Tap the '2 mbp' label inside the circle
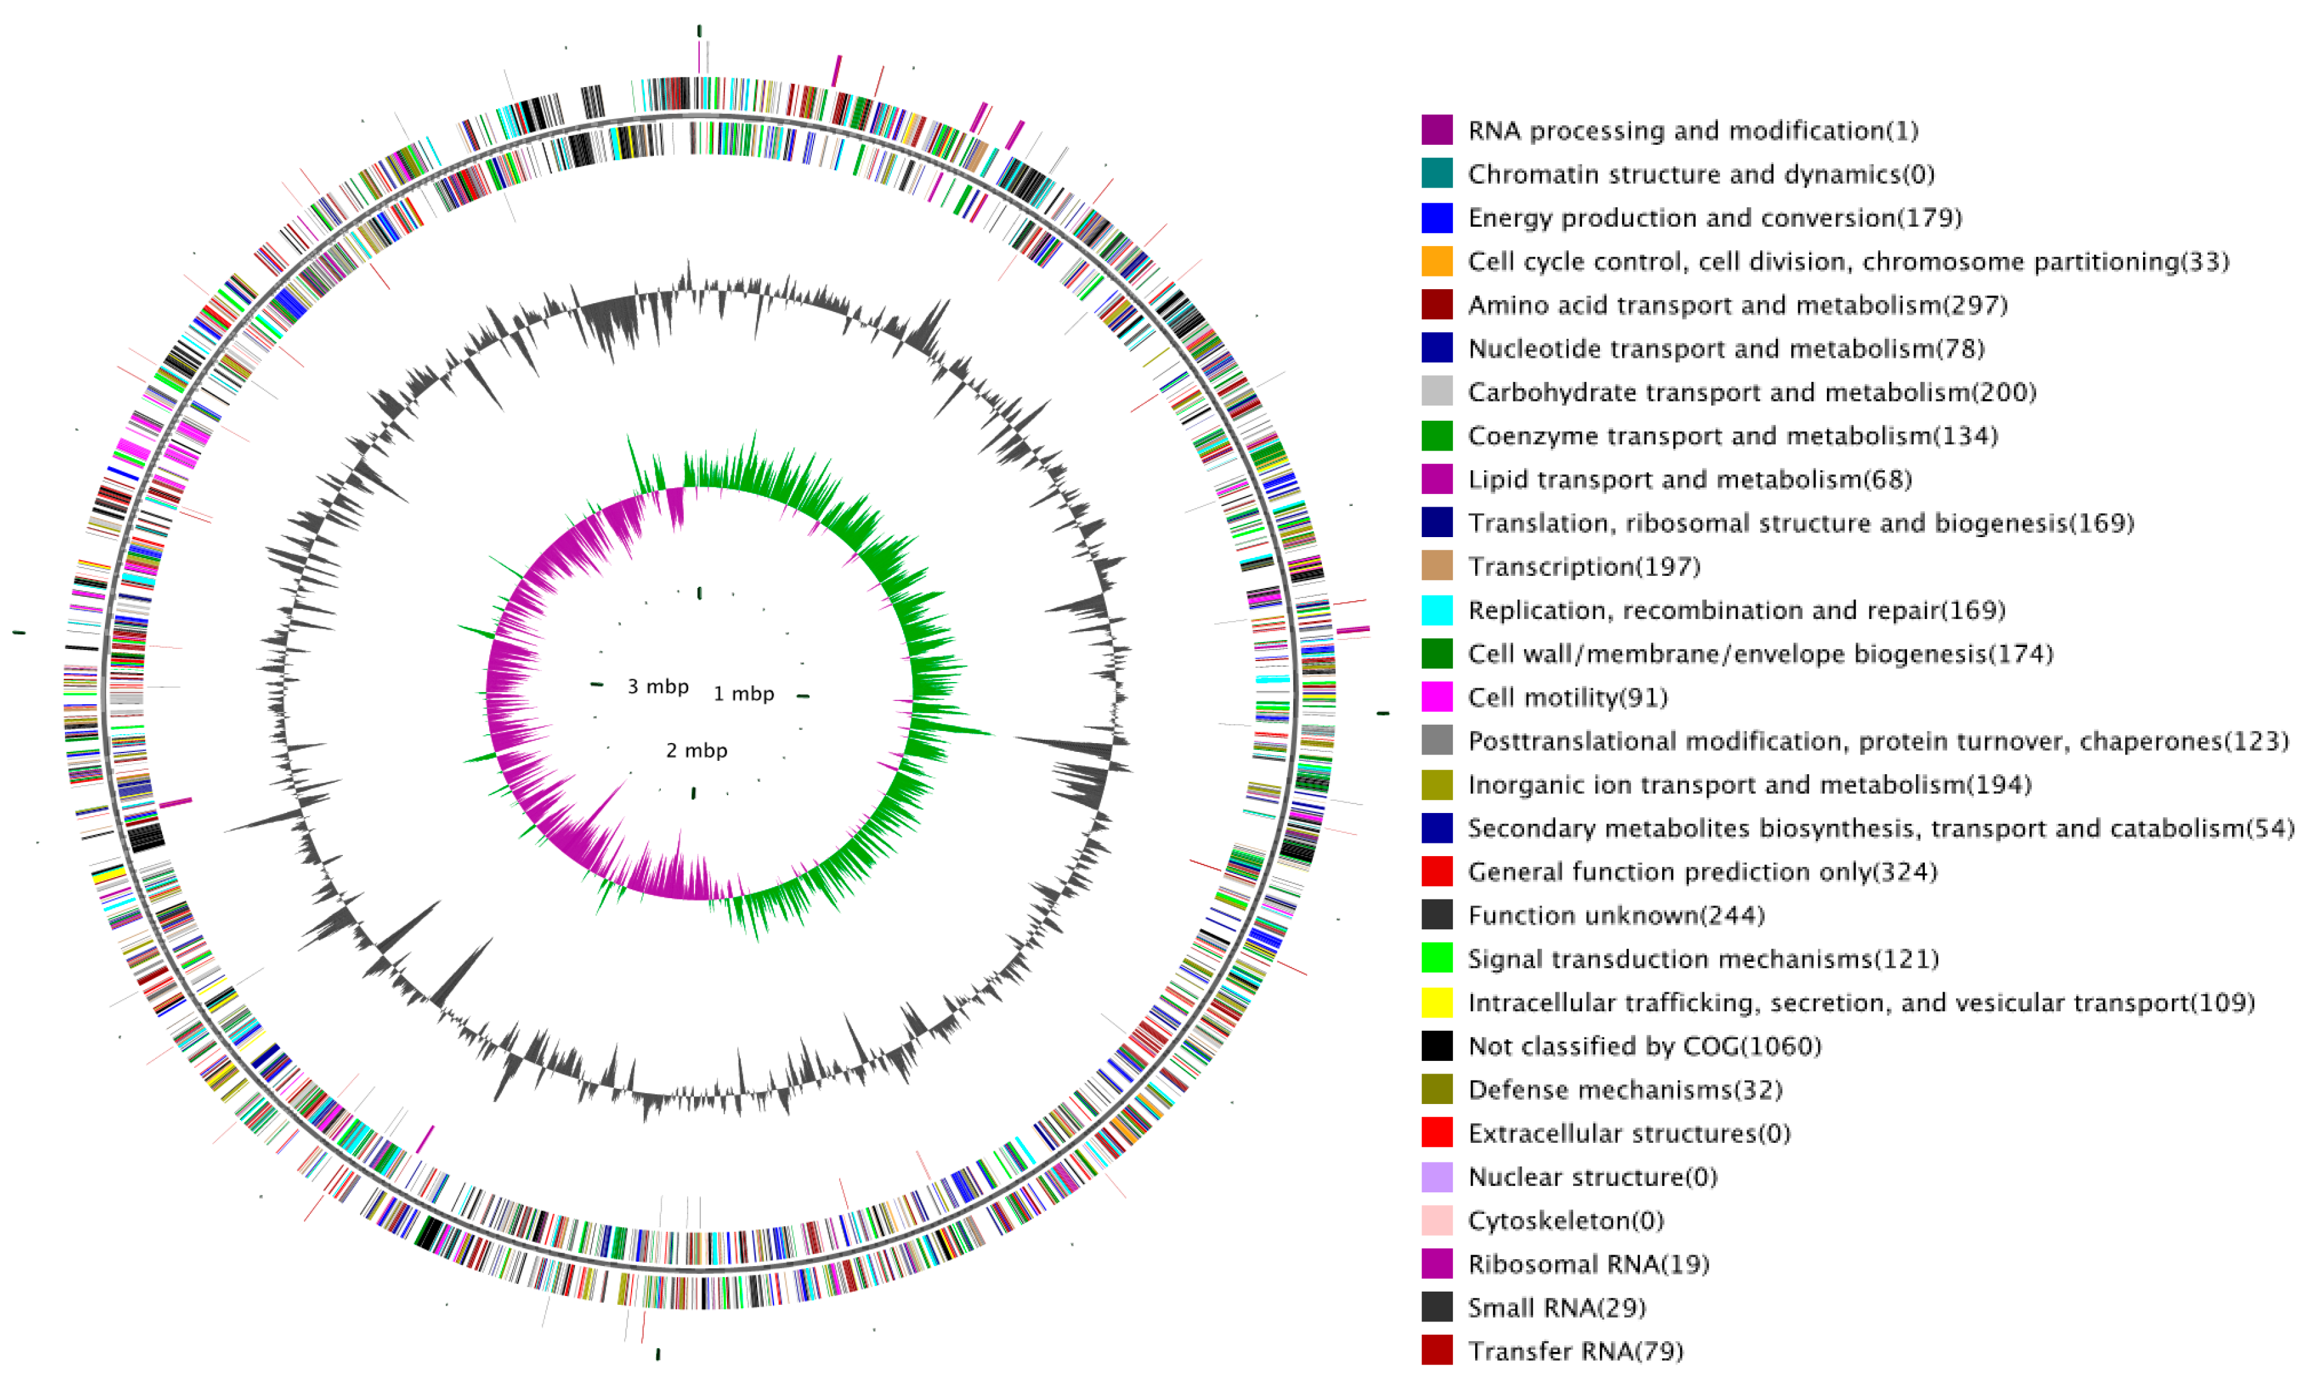click(x=696, y=750)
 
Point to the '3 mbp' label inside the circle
click(x=658, y=686)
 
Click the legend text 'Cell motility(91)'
click(x=1567, y=697)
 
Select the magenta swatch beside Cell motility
click(x=1436, y=697)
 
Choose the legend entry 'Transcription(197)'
click(x=1584, y=566)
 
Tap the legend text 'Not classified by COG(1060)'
click(x=1644, y=1046)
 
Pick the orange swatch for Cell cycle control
click(x=1436, y=261)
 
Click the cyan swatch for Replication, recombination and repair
click(x=1436, y=610)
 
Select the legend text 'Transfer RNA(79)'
click(x=1576, y=1351)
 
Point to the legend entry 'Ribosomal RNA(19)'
click(x=1588, y=1264)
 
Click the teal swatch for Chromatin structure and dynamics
click(x=1436, y=174)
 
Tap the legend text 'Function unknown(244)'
click(x=1616, y=915)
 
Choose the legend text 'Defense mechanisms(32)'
click(x=1625, y=1089)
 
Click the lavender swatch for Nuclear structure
click(x=1436, y=1177)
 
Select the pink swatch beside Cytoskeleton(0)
click(x=1436, y=1220)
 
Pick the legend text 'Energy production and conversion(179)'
click(x=1714, y=217)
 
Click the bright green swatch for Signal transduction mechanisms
click(x=1436, y=959)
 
